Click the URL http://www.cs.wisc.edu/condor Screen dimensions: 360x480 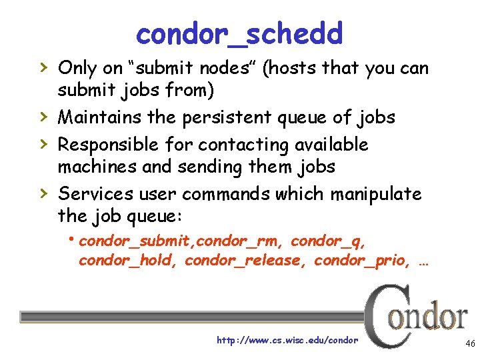point(287,341)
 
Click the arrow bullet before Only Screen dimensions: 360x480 point(43,67)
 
